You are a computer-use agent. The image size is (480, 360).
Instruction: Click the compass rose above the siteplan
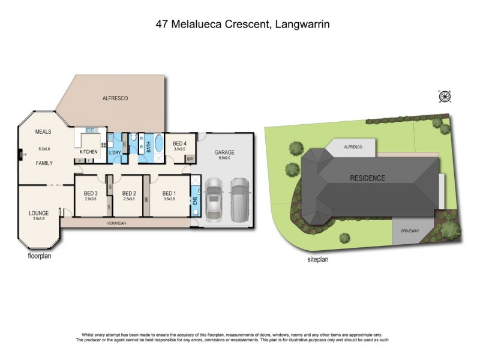445,97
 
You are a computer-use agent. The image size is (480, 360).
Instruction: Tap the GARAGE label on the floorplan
224,152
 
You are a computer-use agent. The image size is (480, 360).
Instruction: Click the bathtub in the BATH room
158,145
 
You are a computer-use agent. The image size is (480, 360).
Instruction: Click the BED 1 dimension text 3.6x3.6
169,199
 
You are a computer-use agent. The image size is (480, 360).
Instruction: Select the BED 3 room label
91,193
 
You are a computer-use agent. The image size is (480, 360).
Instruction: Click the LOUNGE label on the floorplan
38,213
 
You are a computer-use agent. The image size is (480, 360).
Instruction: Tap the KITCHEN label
89,152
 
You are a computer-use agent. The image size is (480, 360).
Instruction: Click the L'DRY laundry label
115,152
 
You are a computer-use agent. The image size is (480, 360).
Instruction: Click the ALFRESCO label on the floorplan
115,97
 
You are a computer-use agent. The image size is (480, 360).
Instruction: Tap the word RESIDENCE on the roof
368,178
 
